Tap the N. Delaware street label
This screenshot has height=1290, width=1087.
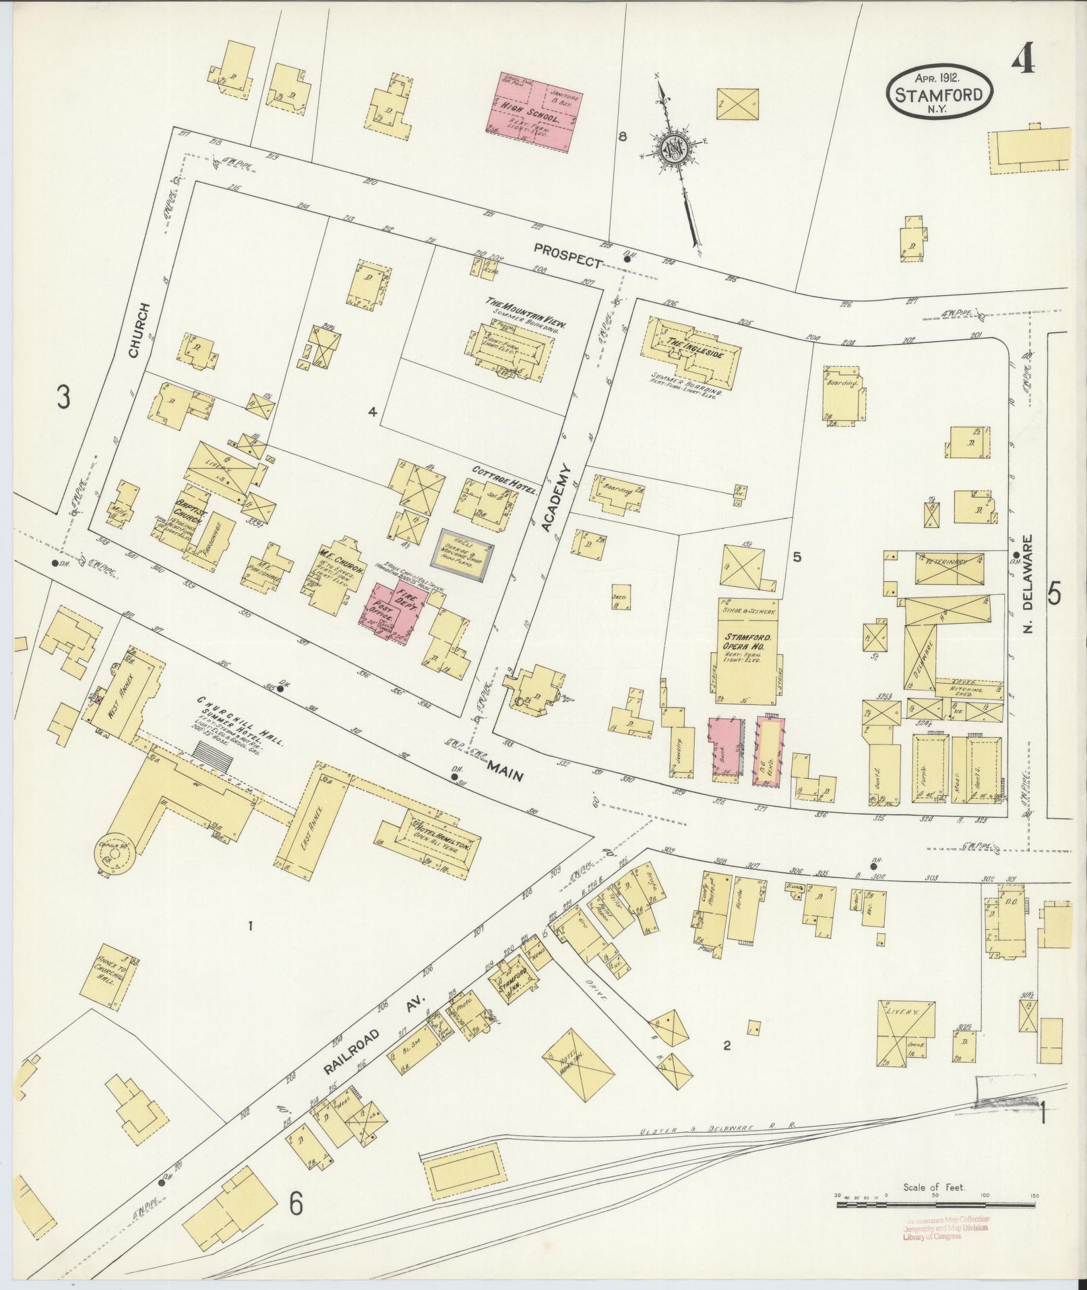pos(1028,583)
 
